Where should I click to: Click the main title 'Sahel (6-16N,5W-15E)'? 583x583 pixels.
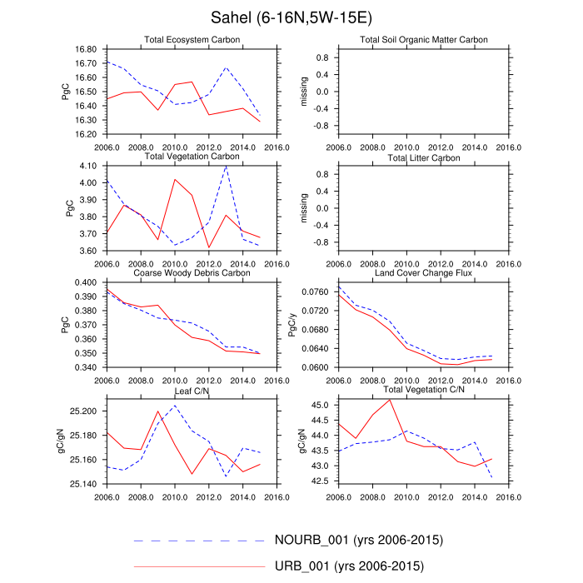click(x=291, y=17)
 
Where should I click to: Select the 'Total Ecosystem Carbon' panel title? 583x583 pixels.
click(x=192, y=40)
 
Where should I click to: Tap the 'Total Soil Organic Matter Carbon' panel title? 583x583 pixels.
click(x=424, y=40)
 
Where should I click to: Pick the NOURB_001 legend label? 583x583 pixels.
click(x=359, y=540)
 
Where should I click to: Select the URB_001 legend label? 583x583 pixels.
click(x=349, y=567)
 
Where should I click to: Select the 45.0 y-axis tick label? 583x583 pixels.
click(x=321, y=405)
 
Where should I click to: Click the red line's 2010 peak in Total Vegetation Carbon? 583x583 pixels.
click(x=175, y=179)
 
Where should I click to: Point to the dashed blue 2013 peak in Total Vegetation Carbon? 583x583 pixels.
click(x=226, y=167)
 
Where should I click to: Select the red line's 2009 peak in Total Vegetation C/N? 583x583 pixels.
click(x=390, y=400)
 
